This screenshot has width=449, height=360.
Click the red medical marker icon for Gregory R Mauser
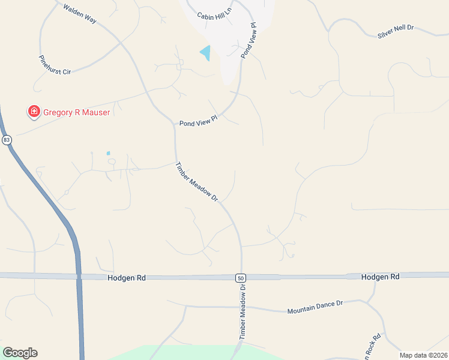coord(34,112)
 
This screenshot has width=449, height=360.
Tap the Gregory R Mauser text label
coord(76,112)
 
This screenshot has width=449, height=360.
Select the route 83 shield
coord(7,140)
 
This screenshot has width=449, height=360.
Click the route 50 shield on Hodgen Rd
coord(240,278)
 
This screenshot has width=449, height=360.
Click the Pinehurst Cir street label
coord(55,65)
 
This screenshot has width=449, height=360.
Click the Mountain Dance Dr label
coord(315,307)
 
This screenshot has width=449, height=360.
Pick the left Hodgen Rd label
coord(127,278)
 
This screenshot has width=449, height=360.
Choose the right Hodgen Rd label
coord(381,277)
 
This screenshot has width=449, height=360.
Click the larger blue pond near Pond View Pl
coord(206,53)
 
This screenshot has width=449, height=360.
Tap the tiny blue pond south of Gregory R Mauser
coord(109,153)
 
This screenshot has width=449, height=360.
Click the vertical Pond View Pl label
coord(249,41)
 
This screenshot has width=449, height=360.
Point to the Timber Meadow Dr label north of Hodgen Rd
coord(196,181)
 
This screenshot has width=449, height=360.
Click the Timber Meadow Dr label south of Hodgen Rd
coord(243,312)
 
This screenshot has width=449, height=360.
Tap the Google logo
coord(20,353)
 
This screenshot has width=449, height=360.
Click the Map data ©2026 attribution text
coord(424,355)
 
